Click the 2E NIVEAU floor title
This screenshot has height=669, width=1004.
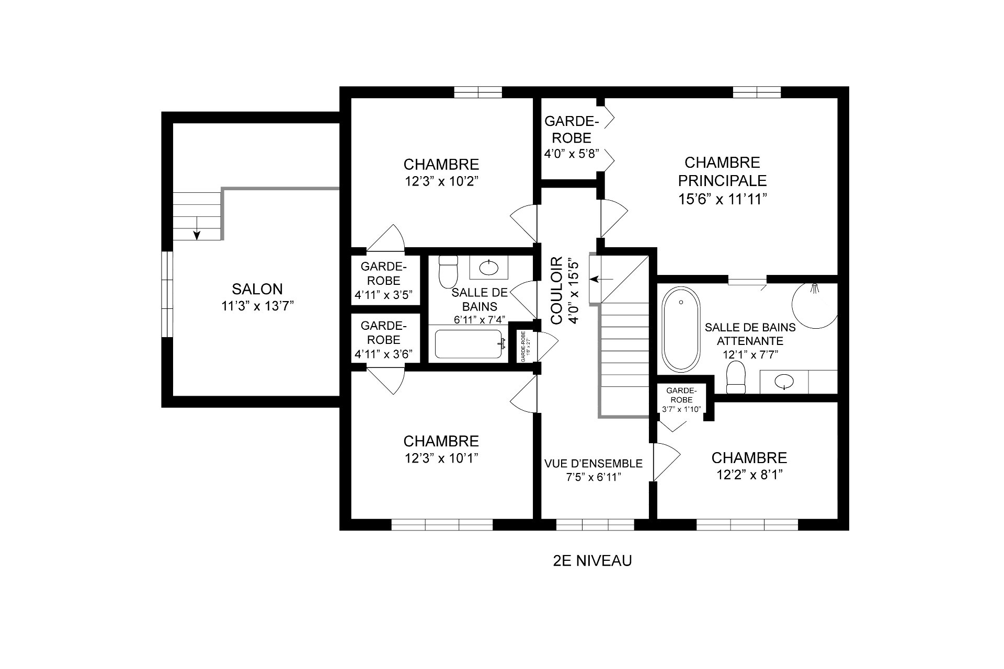click(592, 561)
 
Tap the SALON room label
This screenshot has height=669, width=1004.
click(257, 289)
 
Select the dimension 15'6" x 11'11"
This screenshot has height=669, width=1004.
click(722, 199)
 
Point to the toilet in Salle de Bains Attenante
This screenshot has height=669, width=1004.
click(736, 378)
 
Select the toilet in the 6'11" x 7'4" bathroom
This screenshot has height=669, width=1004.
click(448, 271)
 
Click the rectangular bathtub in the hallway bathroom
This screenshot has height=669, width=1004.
click(469, 344)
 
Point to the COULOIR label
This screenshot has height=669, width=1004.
click(556, 290)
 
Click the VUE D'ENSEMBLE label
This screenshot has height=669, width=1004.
click(593, 464)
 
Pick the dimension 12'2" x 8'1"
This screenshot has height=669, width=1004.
click(749, 475)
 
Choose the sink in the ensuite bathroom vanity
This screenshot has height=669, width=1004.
click(784, 382)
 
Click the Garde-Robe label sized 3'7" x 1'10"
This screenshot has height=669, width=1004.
click(681, 400)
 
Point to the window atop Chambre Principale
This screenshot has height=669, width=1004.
click(757, 93)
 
